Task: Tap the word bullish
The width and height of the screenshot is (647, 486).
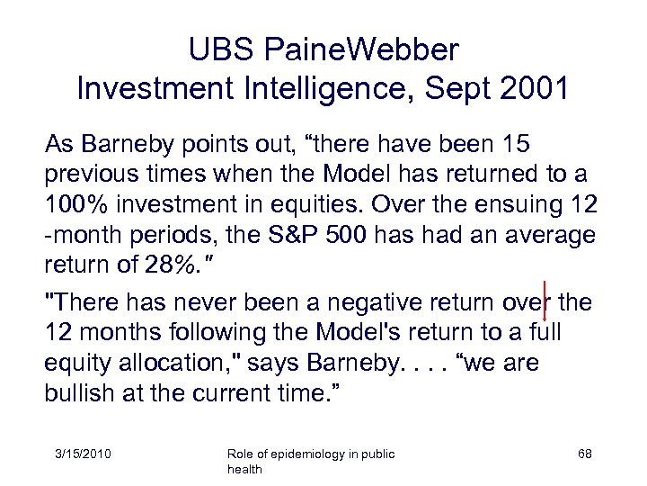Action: pyautogui.click(x=82, y=393)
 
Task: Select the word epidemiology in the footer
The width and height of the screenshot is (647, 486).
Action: pyautogui.click(x=298, y=454)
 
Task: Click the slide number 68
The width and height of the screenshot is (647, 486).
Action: pyautogui.click(x=584, y=454)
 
